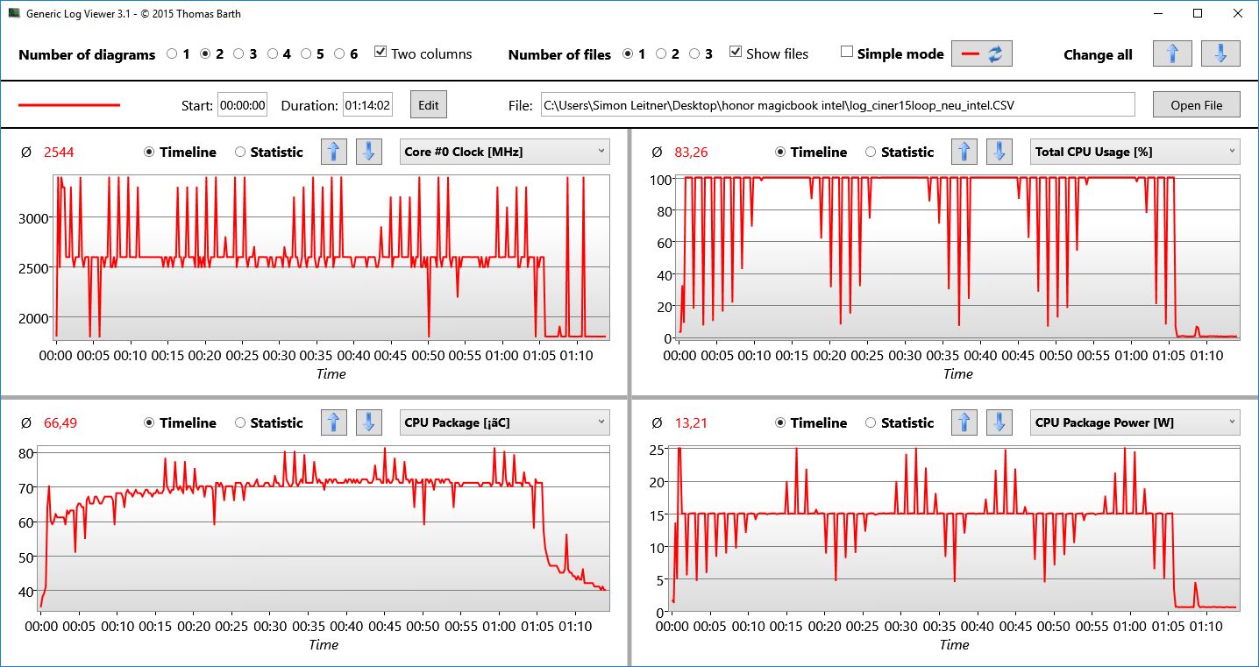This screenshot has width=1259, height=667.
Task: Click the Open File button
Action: (x=1196, y=105)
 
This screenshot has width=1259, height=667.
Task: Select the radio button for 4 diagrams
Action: (x=273, y=54)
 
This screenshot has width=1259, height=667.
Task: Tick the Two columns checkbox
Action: (x=381, y=53)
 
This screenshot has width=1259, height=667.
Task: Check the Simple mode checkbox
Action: (x=847, y=53)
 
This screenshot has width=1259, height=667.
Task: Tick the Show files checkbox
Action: (x=736, y=53)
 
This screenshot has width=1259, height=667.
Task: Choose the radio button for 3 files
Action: (x=694, y=54)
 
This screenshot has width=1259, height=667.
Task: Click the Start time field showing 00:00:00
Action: (x=242, y=105)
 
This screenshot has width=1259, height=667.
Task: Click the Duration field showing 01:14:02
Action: (x=367, y=105)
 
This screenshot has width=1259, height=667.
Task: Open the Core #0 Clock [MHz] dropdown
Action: (x=504, y=152)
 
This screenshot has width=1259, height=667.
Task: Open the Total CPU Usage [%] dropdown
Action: (x=1135, y=152)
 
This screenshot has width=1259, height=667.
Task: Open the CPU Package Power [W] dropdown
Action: (x=1135, y=422)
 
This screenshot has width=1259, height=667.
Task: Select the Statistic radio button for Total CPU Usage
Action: (x=871, y=152)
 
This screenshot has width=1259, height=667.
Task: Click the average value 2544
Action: (x=59, y=153)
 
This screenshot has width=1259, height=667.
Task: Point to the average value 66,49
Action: (x=60, y=423)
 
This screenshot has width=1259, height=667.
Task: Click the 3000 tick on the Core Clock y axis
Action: (x=33, y=218)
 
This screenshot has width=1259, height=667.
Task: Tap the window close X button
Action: (x=1237, y=13)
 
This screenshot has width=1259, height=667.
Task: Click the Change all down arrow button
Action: (x=1220, y=53)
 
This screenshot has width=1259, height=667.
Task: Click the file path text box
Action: (x=836, y=105)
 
